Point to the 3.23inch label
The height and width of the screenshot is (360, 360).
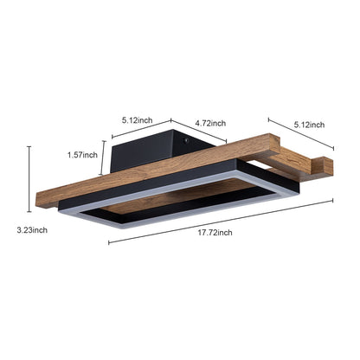tap(32, 230)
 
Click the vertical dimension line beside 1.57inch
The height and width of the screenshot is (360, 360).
tap(106, 156)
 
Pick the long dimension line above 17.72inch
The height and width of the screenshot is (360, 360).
tap(221, 222)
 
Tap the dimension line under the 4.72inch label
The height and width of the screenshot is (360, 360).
tap(200, 132)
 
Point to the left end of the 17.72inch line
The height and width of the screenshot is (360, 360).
tap(109, 243)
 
